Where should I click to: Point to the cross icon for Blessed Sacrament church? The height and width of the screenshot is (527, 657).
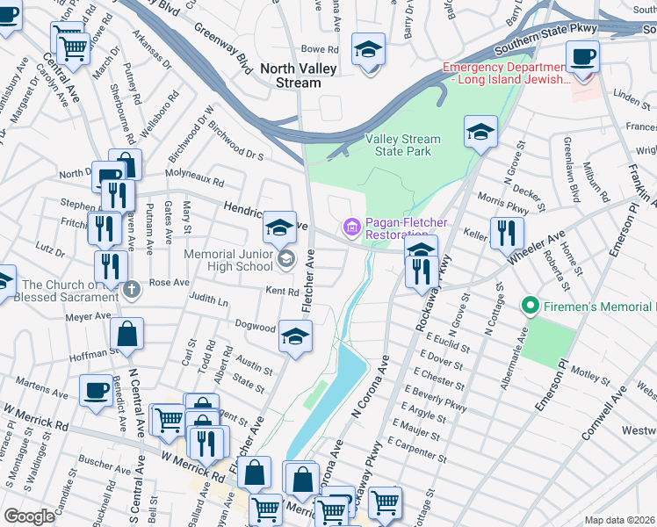[132, 288]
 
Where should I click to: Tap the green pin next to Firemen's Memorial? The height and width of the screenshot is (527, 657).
[530, 307]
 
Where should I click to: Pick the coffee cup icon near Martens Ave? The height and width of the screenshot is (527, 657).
[96, 390]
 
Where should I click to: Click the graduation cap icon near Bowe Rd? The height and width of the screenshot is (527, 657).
[368, 49]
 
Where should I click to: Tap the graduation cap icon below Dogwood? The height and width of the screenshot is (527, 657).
[295, 337]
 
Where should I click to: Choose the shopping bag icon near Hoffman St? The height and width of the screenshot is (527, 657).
[127, 335]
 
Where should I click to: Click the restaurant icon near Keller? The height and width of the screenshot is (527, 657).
[507, 233]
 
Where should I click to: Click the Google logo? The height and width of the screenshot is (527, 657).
[29, 516]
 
